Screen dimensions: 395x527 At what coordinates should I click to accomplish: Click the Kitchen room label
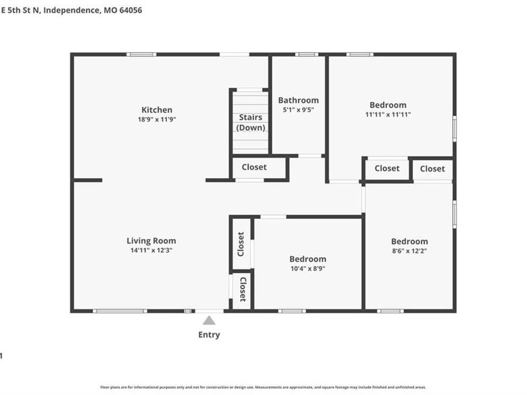157,110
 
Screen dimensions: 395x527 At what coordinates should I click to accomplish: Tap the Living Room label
151,241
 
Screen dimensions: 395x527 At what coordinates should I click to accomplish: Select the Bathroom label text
298,100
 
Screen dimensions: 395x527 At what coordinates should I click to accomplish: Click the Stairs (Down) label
251,122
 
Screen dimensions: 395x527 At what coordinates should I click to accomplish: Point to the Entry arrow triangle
209,320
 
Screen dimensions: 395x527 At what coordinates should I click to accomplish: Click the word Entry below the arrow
209,335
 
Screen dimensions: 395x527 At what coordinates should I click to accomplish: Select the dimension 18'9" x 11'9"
157,119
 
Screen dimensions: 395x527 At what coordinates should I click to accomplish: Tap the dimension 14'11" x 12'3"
151,250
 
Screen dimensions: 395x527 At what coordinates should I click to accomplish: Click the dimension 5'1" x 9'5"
299,109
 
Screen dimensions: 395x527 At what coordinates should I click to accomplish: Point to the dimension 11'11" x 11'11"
388,115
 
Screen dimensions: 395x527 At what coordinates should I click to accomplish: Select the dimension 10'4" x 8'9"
307,269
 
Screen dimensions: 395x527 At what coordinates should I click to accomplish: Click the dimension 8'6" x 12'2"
409,250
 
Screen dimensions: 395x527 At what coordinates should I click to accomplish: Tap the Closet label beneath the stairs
254,167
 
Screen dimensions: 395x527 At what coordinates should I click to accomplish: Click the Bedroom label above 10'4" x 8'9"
307,259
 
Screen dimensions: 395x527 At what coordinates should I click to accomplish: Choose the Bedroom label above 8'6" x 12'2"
409,241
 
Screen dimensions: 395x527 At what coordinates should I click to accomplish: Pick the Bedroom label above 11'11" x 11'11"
388,105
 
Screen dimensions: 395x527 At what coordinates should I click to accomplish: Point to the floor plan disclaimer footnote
263,387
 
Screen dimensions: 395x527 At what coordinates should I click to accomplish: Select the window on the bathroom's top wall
306,54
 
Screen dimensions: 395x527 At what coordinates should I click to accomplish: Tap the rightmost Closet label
432,169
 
